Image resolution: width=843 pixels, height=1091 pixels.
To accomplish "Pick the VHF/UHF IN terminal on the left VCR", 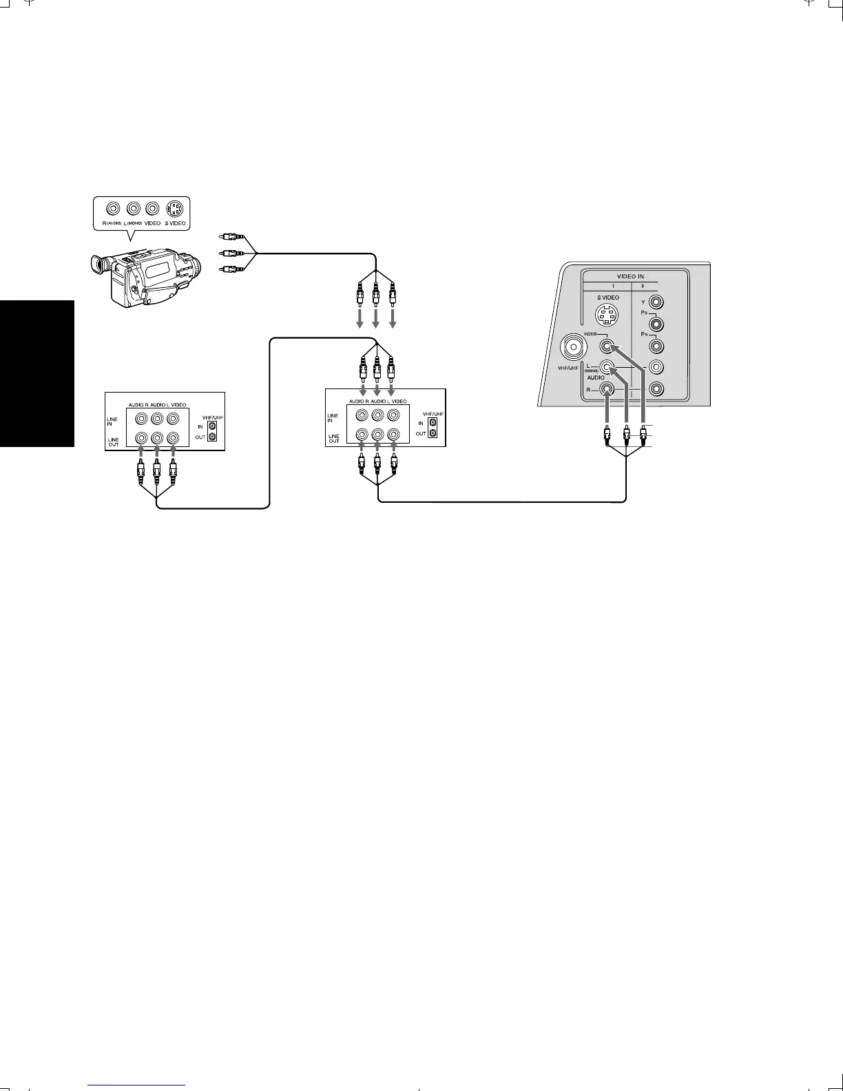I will tap(212, 427).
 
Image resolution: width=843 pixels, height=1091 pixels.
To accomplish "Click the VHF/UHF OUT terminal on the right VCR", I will tap(433, 433).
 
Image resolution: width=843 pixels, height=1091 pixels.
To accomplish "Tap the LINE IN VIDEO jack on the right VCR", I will tap(393, 415).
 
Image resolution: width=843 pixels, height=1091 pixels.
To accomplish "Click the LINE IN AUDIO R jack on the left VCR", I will tap(141, 418).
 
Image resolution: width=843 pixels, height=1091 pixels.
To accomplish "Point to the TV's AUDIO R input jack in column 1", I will tap(606, 388).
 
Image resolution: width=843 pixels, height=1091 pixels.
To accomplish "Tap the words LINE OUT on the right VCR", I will tap(333, 438).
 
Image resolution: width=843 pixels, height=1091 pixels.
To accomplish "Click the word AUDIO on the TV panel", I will tap(595, 377).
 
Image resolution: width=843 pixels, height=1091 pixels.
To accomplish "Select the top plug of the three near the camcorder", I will tap(227, 238).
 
